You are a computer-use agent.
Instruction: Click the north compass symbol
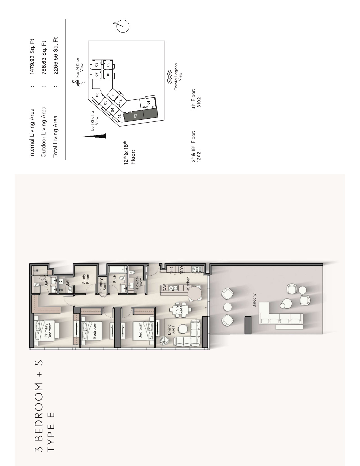pos(123,26)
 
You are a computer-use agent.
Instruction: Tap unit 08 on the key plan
pos(97,64)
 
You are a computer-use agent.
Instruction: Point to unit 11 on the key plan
pos(113,94)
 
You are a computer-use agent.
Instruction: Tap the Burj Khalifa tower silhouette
pos(95,136)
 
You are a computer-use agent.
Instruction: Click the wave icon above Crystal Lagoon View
pos(170,77)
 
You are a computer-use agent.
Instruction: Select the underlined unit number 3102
pos(199,102)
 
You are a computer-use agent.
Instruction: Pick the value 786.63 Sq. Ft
pos(44,57)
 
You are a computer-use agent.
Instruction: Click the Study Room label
pos(86,278)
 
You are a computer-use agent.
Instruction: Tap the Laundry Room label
pos(102,284)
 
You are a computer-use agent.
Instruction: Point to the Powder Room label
pos(139,282)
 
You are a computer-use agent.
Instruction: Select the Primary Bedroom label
pos(48,330)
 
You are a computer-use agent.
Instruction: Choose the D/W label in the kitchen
pos(165,287)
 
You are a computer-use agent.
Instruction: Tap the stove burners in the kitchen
pos(197,269)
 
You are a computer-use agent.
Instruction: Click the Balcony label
pos(254,300)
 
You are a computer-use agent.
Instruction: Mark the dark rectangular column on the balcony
pos(248,325)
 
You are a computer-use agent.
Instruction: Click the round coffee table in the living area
pos(183,329)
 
